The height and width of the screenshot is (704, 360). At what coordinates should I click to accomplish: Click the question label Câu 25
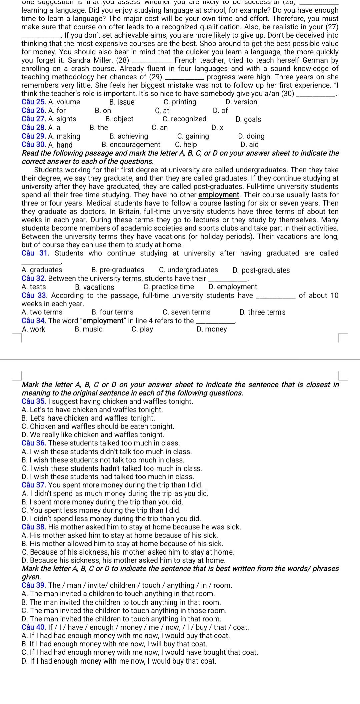[34, 102]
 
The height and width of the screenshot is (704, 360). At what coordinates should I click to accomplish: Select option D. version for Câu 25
[241, 102]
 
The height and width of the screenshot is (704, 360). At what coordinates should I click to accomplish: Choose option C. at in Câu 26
[162, 111]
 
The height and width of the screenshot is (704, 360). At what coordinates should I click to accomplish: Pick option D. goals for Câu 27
[248, 119]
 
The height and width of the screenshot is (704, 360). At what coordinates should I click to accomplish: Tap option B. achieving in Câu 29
[128, 136]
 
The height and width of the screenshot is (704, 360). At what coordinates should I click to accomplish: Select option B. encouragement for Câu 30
[131, 145]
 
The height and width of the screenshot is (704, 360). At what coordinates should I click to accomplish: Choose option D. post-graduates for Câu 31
[261, 270]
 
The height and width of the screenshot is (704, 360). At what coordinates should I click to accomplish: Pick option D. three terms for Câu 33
[262, 312]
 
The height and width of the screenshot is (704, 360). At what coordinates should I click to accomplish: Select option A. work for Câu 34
[33, 330]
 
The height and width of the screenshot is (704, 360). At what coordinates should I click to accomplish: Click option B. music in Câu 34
[89, 330]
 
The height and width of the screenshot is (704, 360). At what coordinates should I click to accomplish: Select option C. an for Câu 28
[159, 128]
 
